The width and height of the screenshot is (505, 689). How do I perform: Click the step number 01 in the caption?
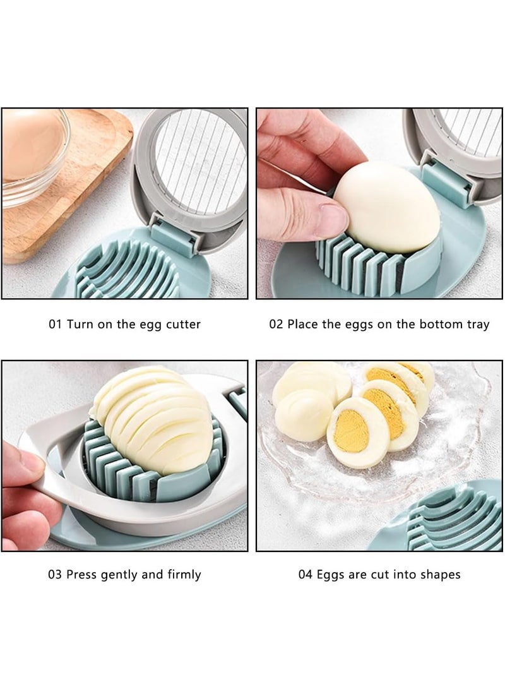click(56, 325)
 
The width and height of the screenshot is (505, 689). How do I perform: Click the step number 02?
click(276, 325)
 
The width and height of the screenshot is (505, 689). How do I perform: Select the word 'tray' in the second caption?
click(477, 325)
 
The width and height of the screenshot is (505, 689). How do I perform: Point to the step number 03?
click(56, 575)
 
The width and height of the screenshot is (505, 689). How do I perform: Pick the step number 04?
click(306, 575)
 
